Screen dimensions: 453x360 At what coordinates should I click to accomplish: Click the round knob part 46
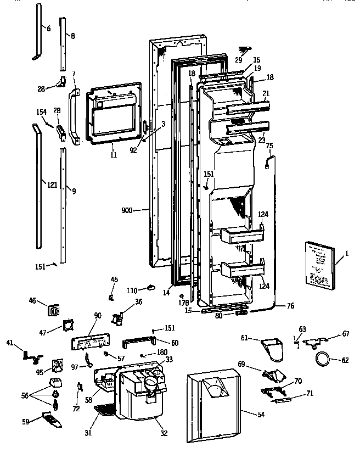tap(55, 310)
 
